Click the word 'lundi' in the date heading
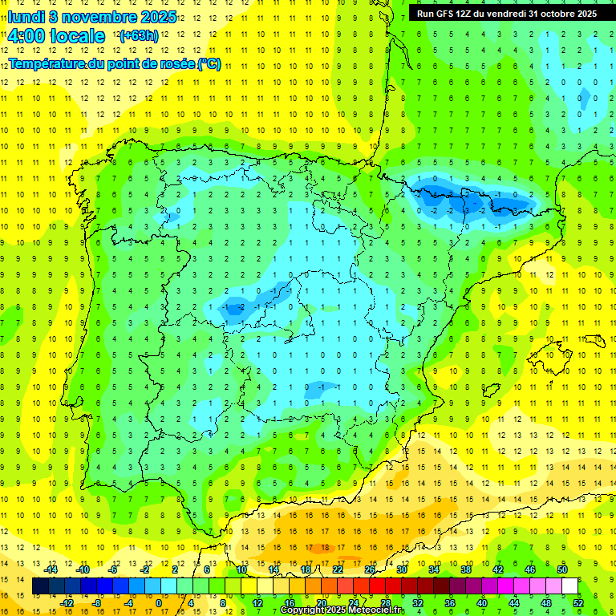tap(26, 17)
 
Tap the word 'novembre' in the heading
tap(99, 17)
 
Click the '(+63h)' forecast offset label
tap(139, 36)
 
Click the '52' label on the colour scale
tap(578, 602)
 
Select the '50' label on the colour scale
tap(561, 569)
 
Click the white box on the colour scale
tap(569, 586)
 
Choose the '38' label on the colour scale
tap(465, 569)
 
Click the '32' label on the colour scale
tap(417, 602)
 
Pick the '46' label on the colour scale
tap(529, 569)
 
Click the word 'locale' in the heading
tap(80, 36)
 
